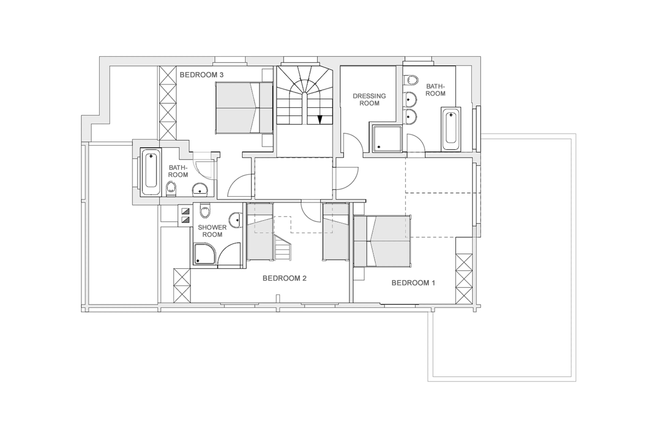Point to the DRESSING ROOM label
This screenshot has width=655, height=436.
(x=369, y=100)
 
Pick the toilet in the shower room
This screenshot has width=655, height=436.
(x=205, y=211)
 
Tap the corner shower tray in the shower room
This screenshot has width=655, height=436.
(x=204, y=254)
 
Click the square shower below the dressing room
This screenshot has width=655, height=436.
(x=387, y=139)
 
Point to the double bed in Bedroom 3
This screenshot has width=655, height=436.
(x=244, y=108)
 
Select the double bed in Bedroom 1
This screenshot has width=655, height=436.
(x=382, y=241)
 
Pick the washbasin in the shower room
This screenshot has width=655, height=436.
(x=235, y=220)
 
